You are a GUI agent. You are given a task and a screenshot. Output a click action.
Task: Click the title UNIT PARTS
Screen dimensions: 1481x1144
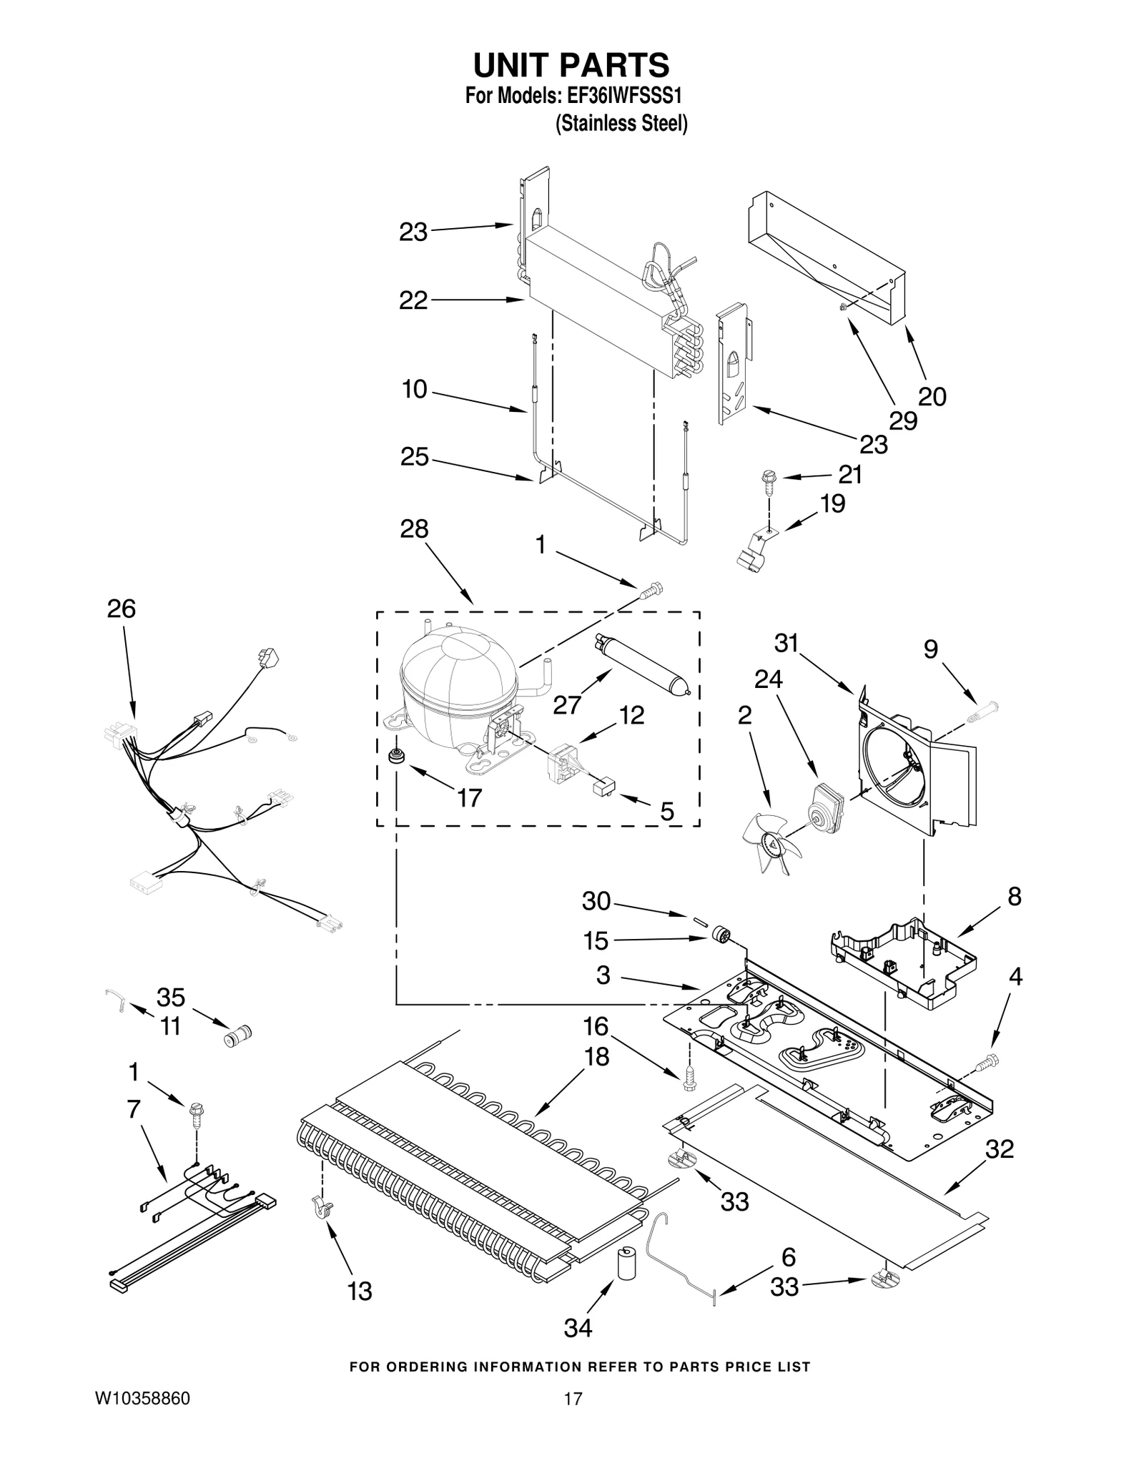click(x=571, y=65)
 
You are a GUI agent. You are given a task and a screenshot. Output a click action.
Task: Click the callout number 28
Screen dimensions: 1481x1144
click(x=414, y=529)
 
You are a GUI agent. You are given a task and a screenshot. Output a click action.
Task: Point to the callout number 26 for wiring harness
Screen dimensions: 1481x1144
click(x=121, y=609)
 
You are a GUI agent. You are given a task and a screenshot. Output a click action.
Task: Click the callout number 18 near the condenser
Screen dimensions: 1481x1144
click(x=596, y=1056)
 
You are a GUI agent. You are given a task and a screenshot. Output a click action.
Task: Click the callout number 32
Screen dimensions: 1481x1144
click(x=999, y=1148)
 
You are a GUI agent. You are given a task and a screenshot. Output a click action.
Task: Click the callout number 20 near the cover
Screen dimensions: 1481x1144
click(x=932, y=396)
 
